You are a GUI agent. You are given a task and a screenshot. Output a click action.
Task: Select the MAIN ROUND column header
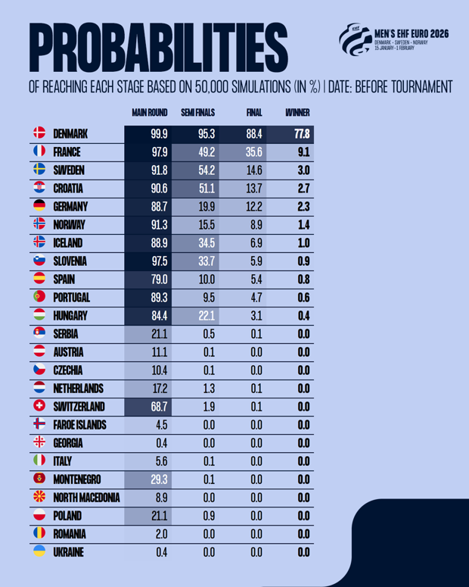coord(150,113)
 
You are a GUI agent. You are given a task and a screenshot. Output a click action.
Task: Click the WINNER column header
coord(297,113)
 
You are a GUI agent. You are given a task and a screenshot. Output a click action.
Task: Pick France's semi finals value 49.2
coord(207,152)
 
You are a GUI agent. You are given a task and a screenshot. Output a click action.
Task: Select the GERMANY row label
coord(71,206)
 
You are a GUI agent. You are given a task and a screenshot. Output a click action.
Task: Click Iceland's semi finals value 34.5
coord(207,243)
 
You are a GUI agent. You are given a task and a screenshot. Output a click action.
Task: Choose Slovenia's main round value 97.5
coord(159,261)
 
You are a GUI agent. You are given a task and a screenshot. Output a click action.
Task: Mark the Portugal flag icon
coord(40,297)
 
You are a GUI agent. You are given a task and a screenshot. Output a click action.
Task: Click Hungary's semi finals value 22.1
coord(207,316)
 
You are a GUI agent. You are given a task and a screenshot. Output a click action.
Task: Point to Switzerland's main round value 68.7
coord(159,407)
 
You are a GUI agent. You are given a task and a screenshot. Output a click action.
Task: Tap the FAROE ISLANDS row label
coord(79,425)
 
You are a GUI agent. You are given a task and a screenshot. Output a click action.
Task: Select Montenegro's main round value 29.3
coord(159,479)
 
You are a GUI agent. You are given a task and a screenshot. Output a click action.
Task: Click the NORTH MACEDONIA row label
coord(86,498)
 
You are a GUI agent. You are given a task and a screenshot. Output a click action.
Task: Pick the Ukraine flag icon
coord(40,552)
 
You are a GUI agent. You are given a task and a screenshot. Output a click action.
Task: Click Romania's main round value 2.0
coord(161,534)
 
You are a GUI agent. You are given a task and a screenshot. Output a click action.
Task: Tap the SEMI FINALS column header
coord(198,113)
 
